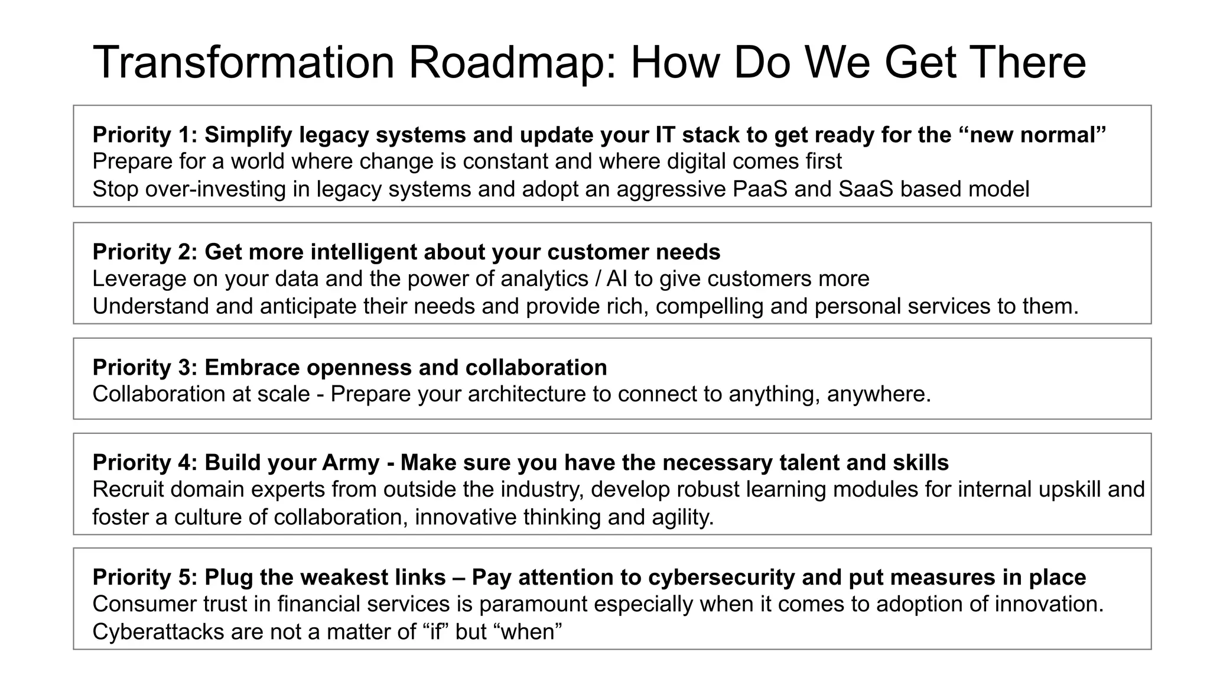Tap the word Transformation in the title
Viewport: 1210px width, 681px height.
[x=243, y=63]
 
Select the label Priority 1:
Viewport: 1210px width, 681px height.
[x=145, y=135]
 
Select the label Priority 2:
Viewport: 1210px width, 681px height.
[x=145, y=252]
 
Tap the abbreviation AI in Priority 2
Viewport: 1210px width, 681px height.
[x=617, y=278]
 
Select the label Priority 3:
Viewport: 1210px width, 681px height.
[x=145, y=367]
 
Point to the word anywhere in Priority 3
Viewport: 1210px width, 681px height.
[x=878, y=394]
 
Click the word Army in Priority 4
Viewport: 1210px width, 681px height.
[x=350, y=462]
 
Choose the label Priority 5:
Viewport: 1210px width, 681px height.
[x=145, y=577]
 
